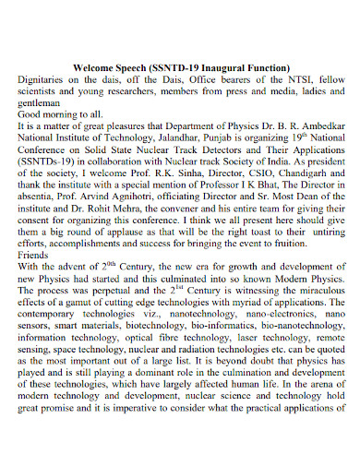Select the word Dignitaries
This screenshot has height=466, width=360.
click(x=46, y=79)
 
